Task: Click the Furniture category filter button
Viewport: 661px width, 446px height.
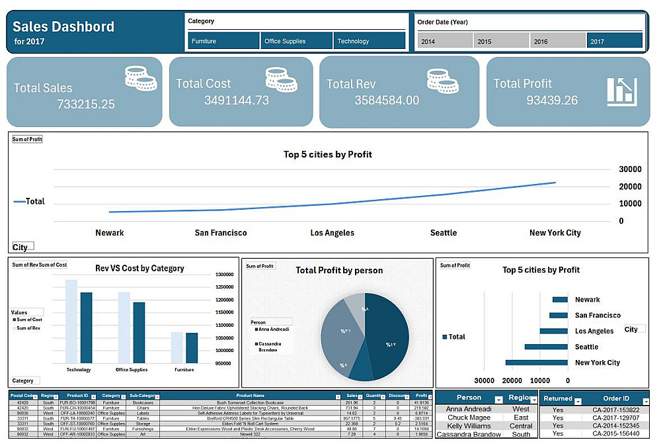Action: coord(223,41)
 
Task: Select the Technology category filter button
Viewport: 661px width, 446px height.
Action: coord(369,41)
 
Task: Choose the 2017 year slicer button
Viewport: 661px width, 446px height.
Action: coord(614,41)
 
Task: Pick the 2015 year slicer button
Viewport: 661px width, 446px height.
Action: coord(501,41)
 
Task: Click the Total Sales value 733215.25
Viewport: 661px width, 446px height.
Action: coord(86,105)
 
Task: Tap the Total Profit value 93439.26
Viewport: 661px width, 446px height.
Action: coord(552,101)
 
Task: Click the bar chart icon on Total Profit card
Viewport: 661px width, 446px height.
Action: coord(621,91)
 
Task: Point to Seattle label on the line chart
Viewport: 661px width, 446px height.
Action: coord(444,233)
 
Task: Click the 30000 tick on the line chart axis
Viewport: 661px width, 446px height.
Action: coord(630,169)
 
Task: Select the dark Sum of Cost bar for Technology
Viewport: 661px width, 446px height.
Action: coord(86,327)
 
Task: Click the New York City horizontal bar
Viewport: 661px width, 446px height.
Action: coord(536,363)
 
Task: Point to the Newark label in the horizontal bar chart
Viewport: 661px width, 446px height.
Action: coord(587,300)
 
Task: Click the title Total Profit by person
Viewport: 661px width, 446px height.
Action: coord(339,270)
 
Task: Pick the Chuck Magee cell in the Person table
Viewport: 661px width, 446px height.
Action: coord(469,418)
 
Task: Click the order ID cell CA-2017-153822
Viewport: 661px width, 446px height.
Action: coord(615,410)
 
